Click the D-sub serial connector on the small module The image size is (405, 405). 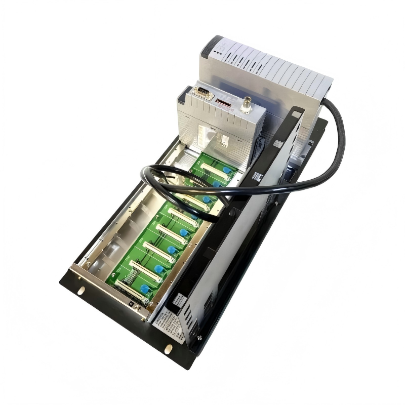tap(202, 92)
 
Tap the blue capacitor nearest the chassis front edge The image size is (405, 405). tap(145, 289)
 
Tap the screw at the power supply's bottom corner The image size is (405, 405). tap(199, 337)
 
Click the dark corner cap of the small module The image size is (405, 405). tap(184, 92)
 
